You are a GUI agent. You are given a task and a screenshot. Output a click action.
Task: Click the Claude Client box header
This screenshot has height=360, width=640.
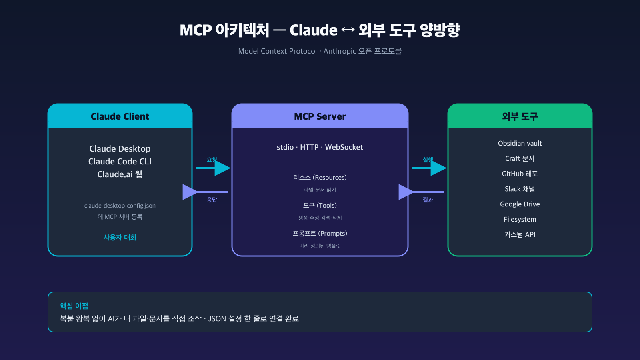coord(120,116)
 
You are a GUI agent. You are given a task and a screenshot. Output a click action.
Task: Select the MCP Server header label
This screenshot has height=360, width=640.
coord(320,116)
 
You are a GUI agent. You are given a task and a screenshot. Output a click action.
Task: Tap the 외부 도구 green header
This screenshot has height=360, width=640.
coord(520,116)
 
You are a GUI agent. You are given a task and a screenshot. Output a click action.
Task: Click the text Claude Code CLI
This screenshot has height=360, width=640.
coord(120,162)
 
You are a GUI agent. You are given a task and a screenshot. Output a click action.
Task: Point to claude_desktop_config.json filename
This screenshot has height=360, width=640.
coord(120,206)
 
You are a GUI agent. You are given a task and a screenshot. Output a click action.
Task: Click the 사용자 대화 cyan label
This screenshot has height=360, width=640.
coord(120,237)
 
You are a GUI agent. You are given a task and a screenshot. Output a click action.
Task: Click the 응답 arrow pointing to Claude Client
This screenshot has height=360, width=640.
coord(204,192)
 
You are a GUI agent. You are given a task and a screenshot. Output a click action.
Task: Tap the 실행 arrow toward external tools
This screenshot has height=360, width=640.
coord(430,168)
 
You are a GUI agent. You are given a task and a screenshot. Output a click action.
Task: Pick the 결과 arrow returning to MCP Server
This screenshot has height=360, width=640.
coord(420,192)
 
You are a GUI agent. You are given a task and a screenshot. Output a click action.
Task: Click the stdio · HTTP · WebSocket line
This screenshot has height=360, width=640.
coord(320,147)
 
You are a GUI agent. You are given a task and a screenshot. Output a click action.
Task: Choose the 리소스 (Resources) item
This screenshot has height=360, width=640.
coord(320,178)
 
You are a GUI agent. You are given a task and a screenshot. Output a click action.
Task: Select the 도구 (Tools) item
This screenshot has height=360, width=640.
coord(320,206)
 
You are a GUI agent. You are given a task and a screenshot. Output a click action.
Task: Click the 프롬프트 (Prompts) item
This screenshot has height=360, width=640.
coord(320,234)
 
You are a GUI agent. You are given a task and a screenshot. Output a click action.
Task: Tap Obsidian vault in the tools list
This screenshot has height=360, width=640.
coord(520,143)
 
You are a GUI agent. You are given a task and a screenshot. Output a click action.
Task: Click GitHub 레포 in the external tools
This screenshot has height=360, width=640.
coord(520,174)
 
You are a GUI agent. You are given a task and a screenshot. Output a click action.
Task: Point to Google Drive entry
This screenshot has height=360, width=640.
coord(520,204)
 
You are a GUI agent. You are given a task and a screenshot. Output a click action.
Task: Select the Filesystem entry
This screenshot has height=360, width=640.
coord(520,219)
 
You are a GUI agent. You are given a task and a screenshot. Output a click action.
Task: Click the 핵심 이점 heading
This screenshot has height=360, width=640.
coord(74,306)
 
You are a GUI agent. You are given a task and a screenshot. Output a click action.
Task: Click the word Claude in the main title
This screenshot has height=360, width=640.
coord(314,30)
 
